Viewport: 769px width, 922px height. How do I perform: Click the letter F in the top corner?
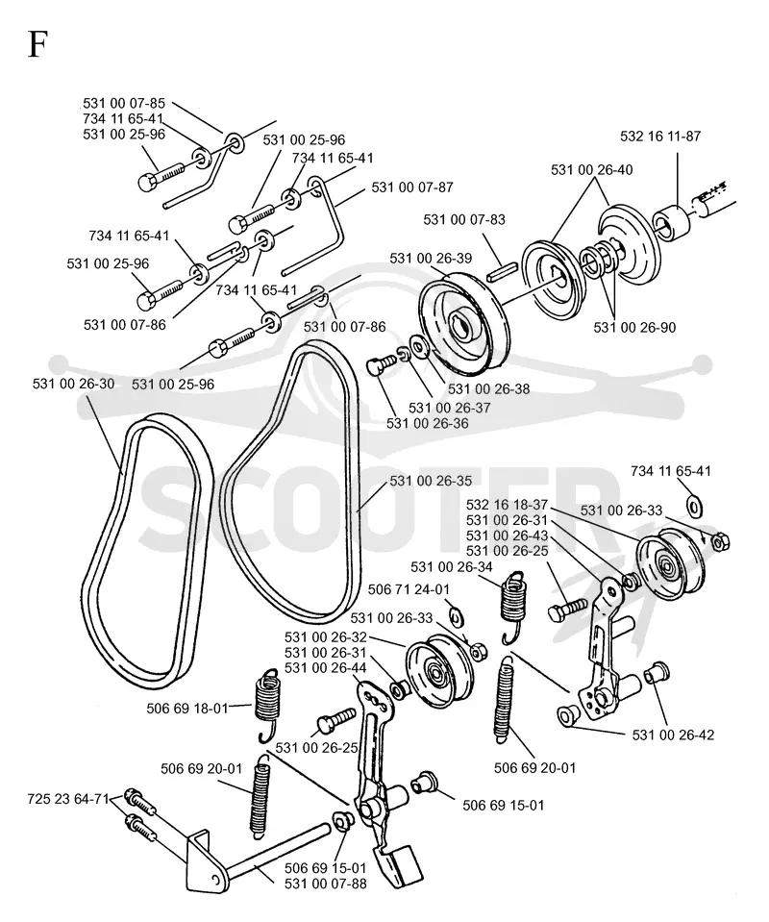point(37,43)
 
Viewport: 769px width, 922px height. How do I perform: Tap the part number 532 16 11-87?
point(660,137)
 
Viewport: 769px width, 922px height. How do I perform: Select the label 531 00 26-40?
point(591,170)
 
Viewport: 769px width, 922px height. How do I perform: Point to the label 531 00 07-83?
point(464,219)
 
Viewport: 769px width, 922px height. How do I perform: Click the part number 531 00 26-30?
point(73,384)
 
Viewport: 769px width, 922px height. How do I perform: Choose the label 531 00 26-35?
point(431,481)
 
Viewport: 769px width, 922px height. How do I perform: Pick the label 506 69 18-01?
point(186,709)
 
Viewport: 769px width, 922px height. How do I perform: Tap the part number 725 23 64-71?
point(68,799)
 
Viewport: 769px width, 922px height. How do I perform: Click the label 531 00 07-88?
point(325,884)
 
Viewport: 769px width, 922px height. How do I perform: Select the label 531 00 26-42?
point(673,735)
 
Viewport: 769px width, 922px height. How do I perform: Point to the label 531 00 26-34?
point(452,567)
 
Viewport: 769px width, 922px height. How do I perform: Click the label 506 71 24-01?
point(409,589)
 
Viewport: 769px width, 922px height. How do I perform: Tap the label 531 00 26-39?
point(431,258)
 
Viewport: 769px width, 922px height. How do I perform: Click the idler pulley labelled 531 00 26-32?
point(439,671)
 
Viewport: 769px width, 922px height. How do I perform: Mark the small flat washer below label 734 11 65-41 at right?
point(696,506)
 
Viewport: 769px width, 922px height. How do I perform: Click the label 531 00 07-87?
point(412,187)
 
